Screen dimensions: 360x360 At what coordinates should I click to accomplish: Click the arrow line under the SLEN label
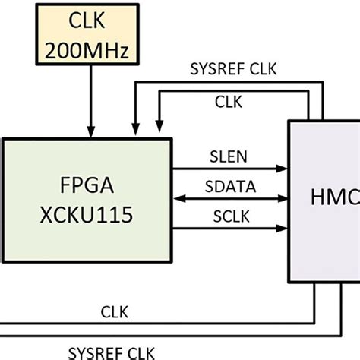pyautogui.click(x=228, y=167)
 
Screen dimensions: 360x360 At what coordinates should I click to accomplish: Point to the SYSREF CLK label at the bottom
pyautogui.click(x=111, y=352)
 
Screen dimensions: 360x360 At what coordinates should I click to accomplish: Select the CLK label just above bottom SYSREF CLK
pyautogui.click(x=114, y=313)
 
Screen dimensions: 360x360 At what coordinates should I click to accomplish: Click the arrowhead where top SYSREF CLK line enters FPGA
pyautogui.click(x=135, y=131)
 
